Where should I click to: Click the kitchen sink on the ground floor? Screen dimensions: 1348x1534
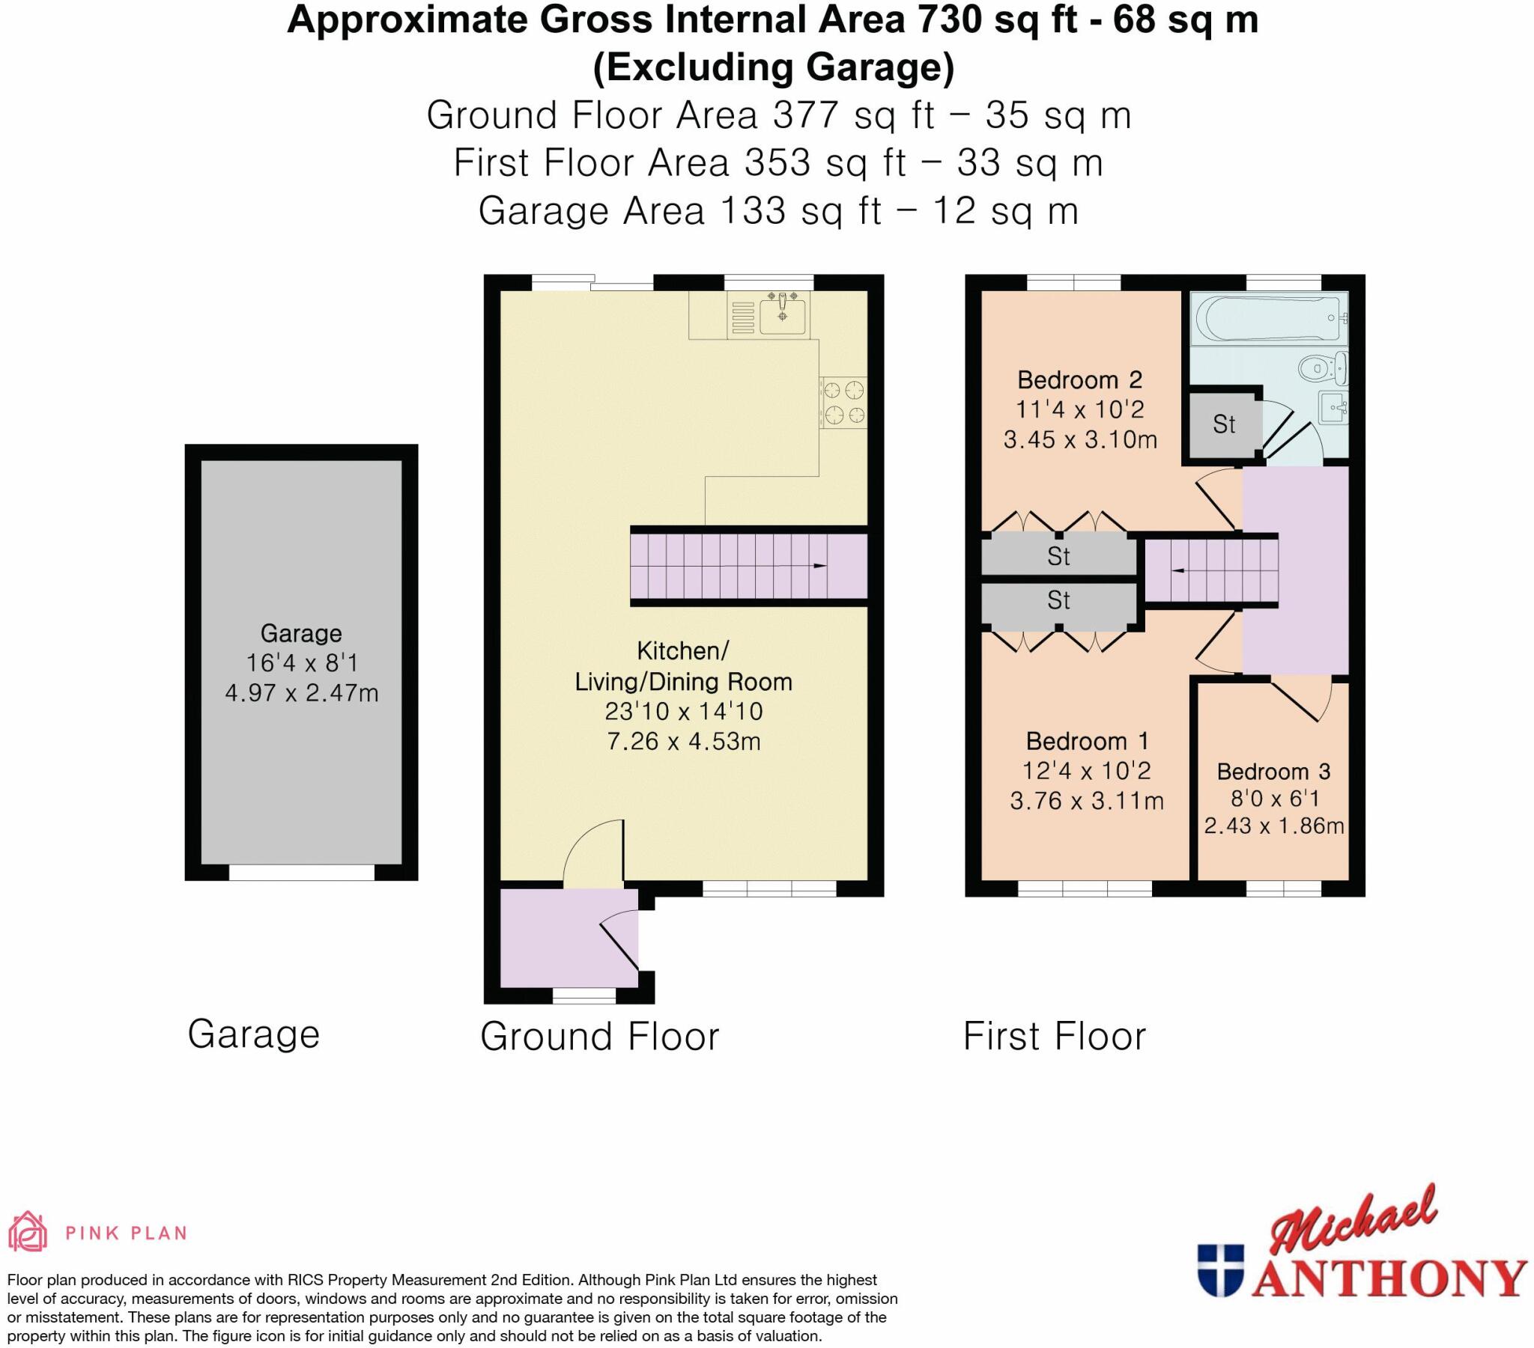click(x=782, y=316)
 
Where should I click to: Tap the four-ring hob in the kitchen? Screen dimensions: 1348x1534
click(x=843, y=402)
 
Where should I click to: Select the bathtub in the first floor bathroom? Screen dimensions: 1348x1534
click(x=1267, y=318)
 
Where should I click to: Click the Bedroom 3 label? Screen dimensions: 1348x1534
click(x=1273, y=771)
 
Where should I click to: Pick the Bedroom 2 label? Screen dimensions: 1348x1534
click(x=1079, y=379)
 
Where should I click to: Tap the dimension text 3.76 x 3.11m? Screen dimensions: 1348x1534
click(x=1086, y=801)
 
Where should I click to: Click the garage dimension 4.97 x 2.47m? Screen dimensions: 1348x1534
click(x=302, y=692)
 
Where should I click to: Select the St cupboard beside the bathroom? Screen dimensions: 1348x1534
click(x=1223, y=424)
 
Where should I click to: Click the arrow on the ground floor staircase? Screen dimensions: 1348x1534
click(x=819, y=566)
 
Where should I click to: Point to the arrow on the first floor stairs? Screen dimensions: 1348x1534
click(x=1178, y=571)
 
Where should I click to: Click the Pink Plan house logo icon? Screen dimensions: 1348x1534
click(x=28, y=1232)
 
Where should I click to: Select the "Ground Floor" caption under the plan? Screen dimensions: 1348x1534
click(x=600, y=1036)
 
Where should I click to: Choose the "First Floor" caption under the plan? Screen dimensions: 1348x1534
click(x=1055, y=1036)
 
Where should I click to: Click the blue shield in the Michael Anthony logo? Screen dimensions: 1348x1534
click(x=1219, y=1269)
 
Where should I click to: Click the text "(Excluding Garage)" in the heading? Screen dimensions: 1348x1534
click(x=773, y=67)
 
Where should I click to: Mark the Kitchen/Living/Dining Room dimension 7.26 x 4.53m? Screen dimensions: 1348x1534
click(x=683, y=741)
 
